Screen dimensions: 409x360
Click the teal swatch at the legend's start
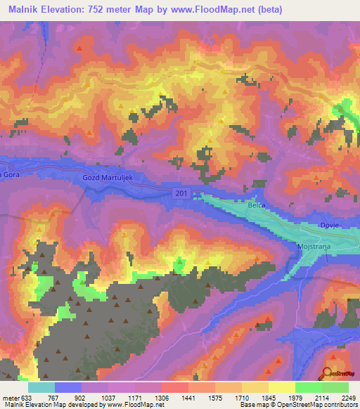coord(41,387)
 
